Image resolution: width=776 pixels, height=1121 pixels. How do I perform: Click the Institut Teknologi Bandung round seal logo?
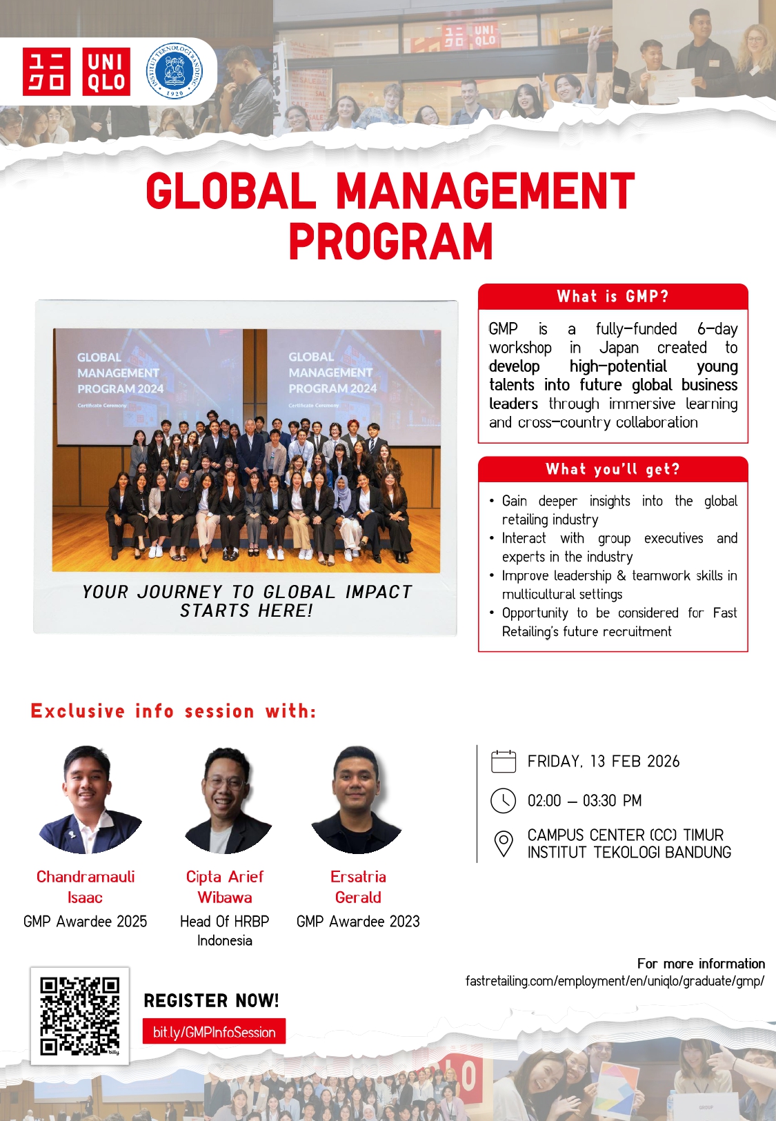pyautogui.click(x=174, y=71)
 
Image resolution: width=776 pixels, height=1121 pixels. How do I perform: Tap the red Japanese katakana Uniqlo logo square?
pyautogui.click(x=46, y=72)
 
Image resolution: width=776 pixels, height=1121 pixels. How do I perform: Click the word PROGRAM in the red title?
pyautogui.click(x=390, y=241)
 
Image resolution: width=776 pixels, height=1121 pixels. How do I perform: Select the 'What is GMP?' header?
pyautogui.click(x=613, y=296)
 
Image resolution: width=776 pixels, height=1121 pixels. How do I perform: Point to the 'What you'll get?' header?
pyautogui.click(x=613, y=469)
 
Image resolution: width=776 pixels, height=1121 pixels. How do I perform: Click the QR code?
pyautogui.click(x=80, y=1016)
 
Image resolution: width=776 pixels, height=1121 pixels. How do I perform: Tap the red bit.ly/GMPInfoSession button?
pyautogui.click(x=214, y=1032)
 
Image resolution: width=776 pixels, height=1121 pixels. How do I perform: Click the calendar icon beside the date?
pyautogui.click(x=504, y=762)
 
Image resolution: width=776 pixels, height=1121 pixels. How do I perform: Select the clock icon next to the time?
pyautogui.click(x=503, y=801)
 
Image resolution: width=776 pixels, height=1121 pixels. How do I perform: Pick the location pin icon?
pyautogui.click(x=504, y=844)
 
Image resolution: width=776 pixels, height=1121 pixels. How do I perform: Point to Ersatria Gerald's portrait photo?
pyautogui.click(x=357, y=800)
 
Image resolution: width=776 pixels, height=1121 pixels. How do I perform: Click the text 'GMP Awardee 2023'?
pyautogui.click(x=358, y=922)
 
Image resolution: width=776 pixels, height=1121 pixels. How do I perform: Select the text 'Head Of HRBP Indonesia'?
pyautogui.click(x=225, y=931)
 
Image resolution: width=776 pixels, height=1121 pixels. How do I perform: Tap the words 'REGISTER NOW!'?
pyautogui.click(x=211, y=1000)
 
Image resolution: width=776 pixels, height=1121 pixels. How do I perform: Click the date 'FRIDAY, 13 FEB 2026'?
pyautogui.click(x=604, y=761)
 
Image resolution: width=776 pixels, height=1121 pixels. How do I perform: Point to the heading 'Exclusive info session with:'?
pyautogui.click(x=174, y=711)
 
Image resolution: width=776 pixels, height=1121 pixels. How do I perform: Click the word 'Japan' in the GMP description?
pyautogui.click(x=619, y=347)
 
